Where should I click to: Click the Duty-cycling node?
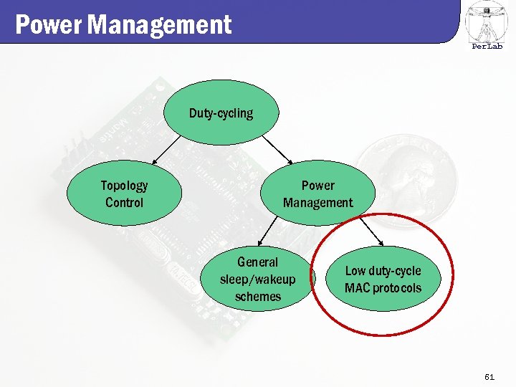(x=221, y=113)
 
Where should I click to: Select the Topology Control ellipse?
(x=124, y=193)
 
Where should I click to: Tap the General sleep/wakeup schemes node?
(x=257, y=279)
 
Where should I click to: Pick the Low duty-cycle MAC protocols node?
(x=383, y=279)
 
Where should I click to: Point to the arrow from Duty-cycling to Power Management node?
(x=277, y=150)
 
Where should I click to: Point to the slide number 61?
(x=489, y=376)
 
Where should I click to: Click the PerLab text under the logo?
(x=487, y=47)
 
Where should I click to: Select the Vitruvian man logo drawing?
(x=487, y=21)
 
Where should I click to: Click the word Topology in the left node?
(x=124, y=186)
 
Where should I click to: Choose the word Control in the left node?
(x=124, y=203)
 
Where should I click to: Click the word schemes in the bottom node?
(x=257, y=296)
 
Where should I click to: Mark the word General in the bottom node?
(x=257, y=262)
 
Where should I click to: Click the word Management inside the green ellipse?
(x=317, y=203)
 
